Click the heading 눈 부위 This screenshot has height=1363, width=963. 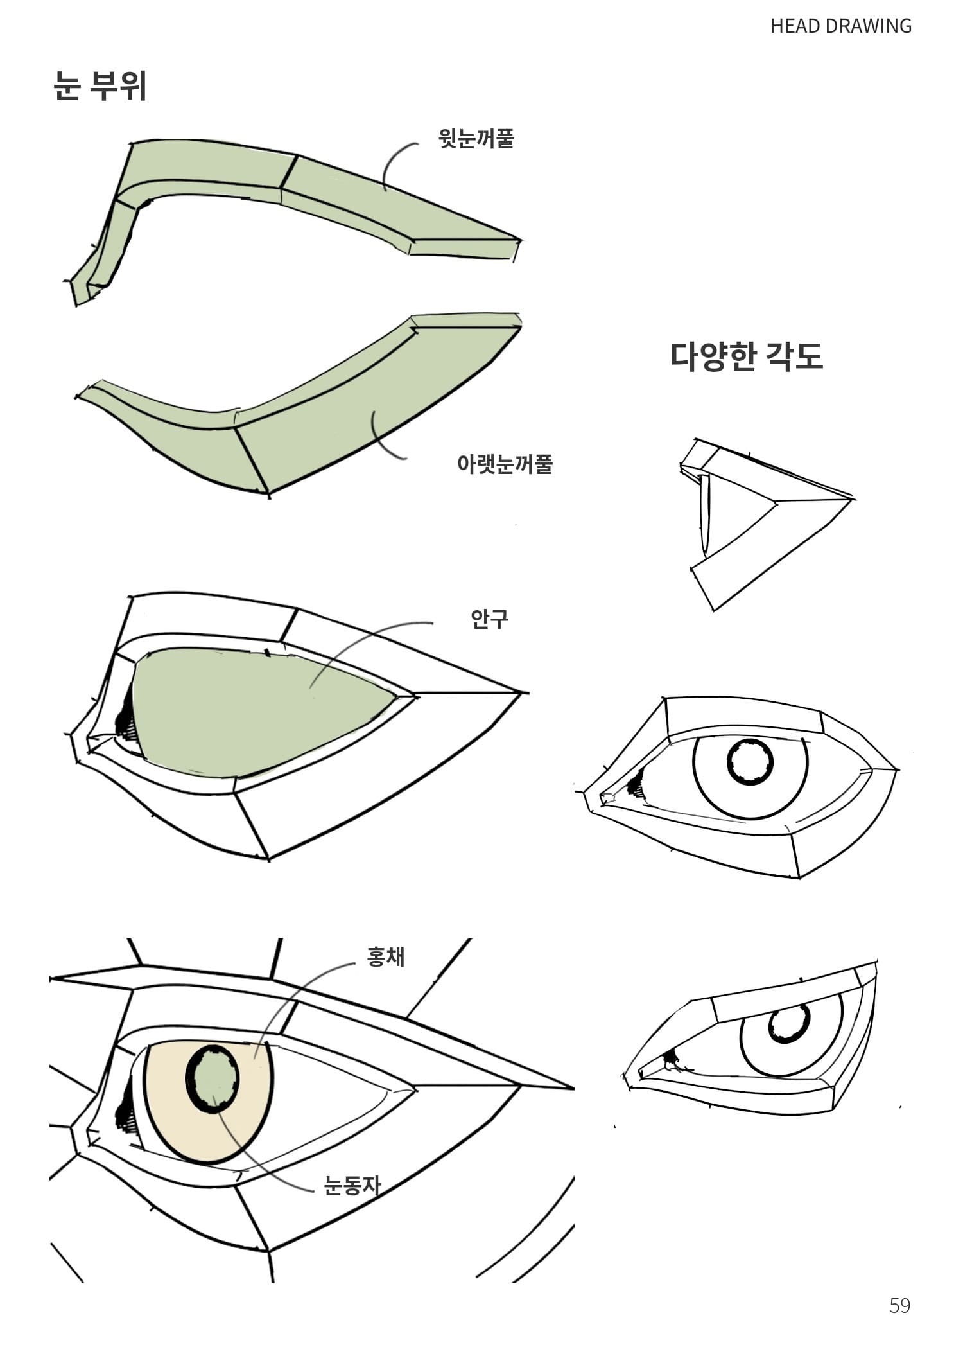(x=100, y=85)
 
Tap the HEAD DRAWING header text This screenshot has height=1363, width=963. (x=841, y=26)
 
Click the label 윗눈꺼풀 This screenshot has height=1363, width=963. (x=476, y=137)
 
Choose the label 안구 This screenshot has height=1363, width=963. (x=490, y=619)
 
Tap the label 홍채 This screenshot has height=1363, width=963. (x=385, y=957)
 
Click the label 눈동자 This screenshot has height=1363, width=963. (x=352, y=1185)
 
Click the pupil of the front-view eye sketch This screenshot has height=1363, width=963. (x=750, y=762)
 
